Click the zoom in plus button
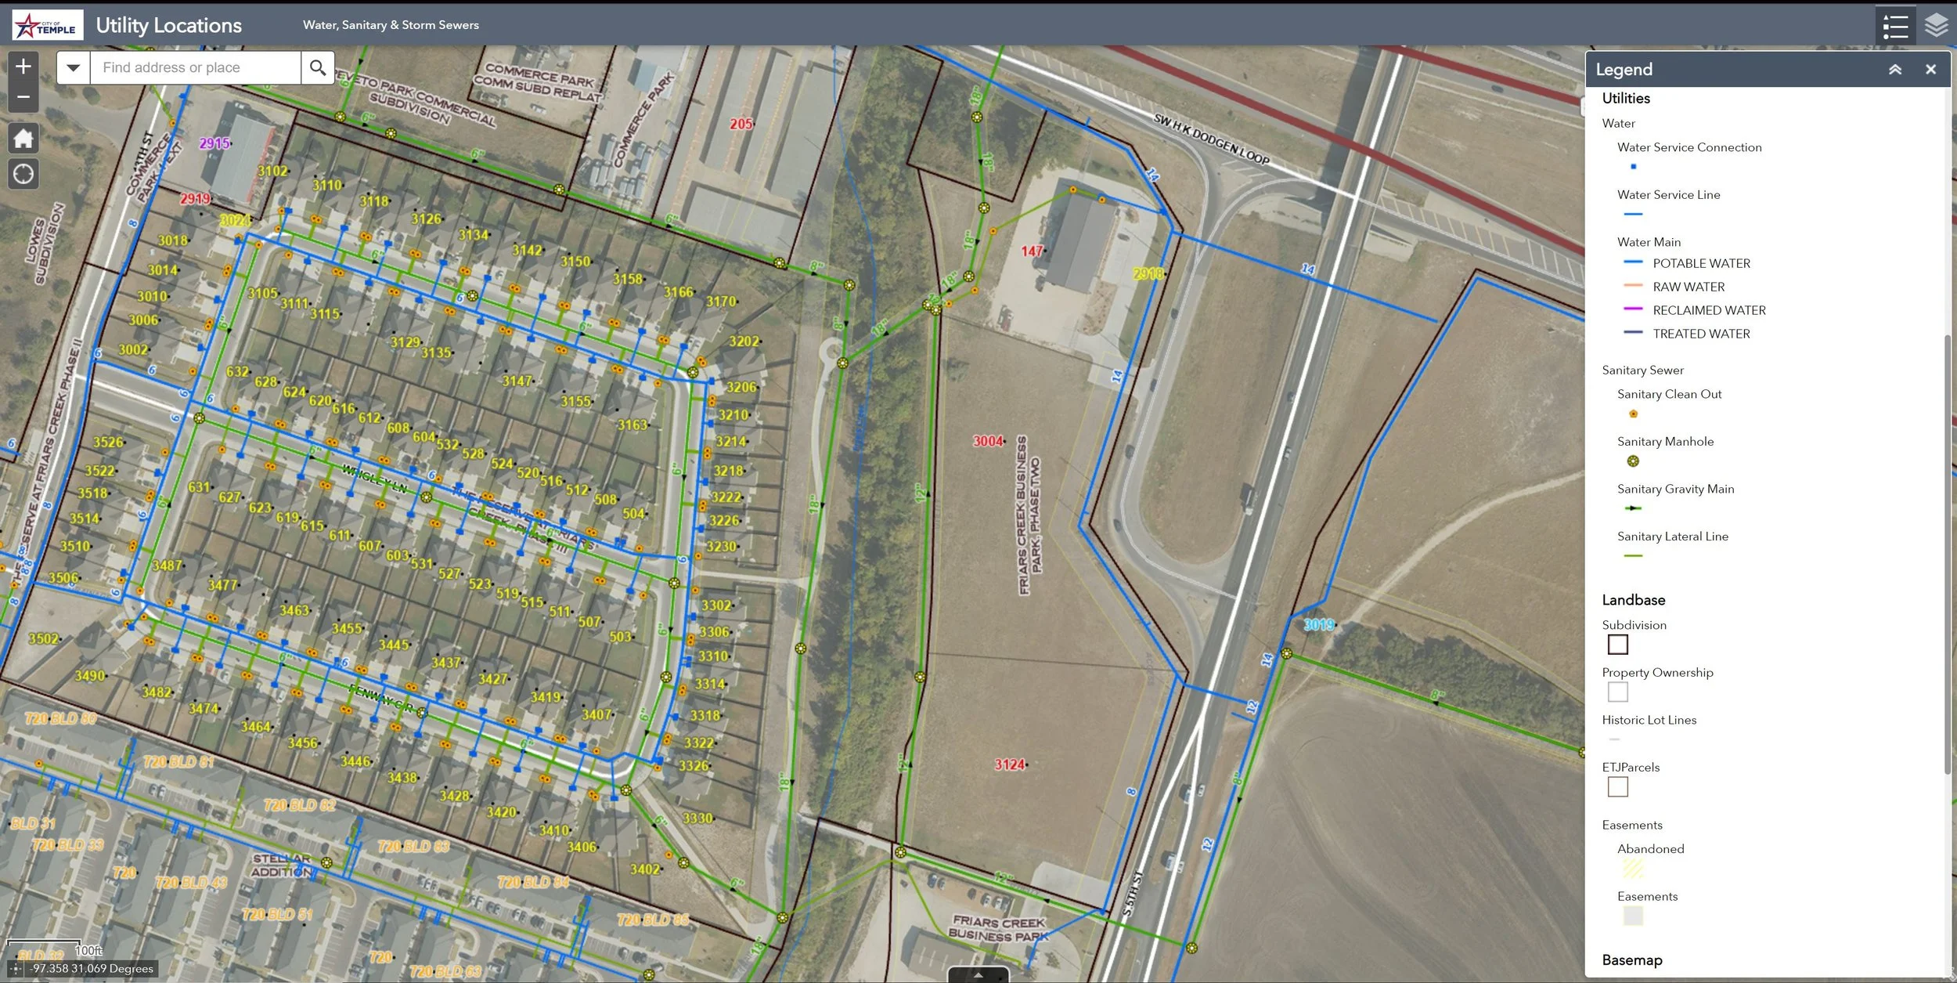click(x=23, y=67)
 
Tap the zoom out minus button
click(x=23, y=98)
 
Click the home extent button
click(x=23, y=139)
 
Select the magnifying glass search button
click(x=317, y=68)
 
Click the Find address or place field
click(x=196, y=68)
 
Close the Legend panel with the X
click(x=1930, y=70)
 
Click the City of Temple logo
click(x=48, y=26)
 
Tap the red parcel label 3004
click(x=988, y=441)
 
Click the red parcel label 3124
click(x=1009, y=764)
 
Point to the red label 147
click(x=1032, y=251)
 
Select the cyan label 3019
click(x=1319, y=625)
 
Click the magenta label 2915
click(x=214, y=143)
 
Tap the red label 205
click(x=741, y=124)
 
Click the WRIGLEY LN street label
click(x=374, y=479)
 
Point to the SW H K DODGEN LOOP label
click(x=1211, y=139)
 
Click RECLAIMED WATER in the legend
click(x=1709, y=311)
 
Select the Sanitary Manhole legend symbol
click(x=1633, y=461)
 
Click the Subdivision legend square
click(x=1617, y=645)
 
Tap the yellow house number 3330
click(x=697, y=819)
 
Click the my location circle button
click(x=23, y=174)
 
